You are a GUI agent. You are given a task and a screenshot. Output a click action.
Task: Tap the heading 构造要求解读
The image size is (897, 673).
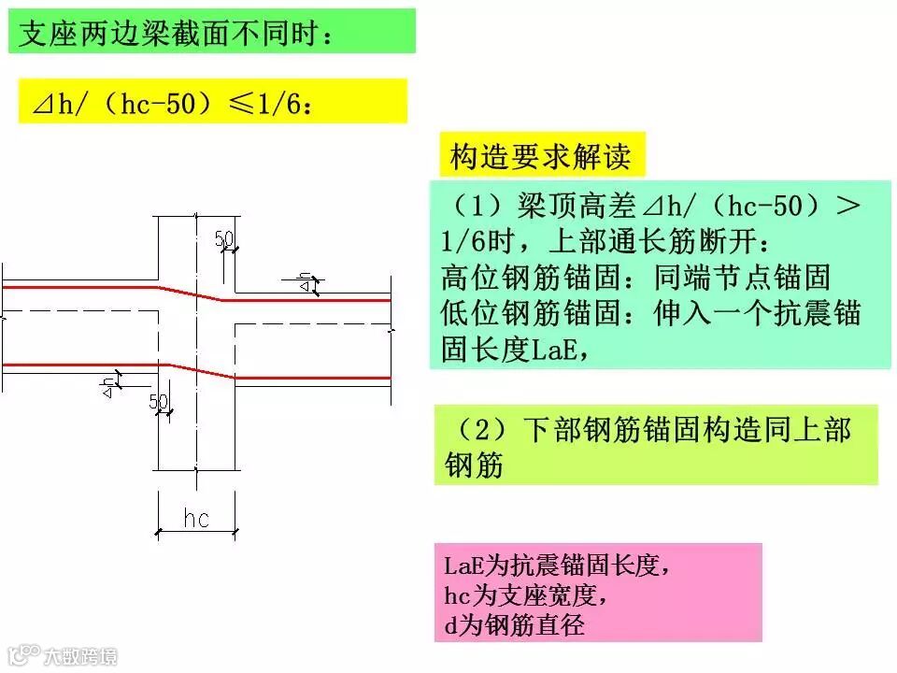pos(540,156)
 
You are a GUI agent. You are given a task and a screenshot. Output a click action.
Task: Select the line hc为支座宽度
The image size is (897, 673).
pos(529,594)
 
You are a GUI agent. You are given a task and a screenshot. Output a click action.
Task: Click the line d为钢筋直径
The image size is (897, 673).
pos(515,624)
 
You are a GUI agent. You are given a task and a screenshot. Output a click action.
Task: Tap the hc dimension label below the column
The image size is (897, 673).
pos(196,519)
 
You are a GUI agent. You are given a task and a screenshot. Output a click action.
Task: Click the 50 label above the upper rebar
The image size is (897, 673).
pos(224,239)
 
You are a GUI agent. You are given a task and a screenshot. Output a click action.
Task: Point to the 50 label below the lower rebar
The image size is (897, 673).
pos(158,402)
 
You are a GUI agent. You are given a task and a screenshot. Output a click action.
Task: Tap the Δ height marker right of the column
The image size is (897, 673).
pos(305,282)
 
